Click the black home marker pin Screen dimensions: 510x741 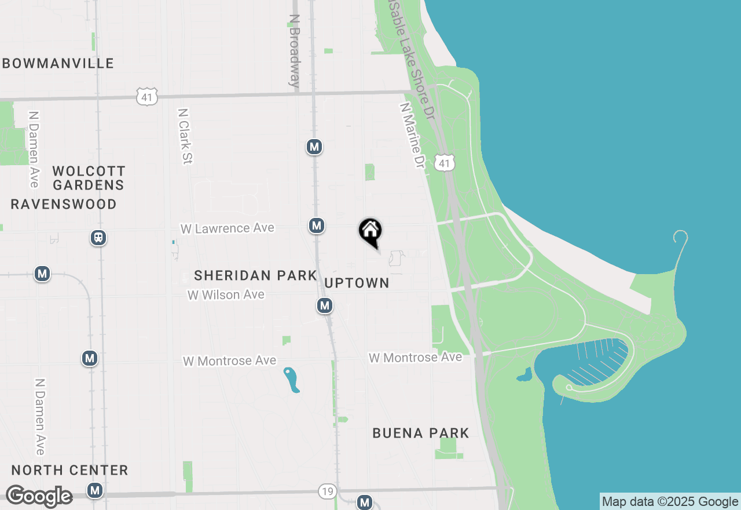pos(370,232)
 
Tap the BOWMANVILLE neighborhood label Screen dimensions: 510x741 pos(58,63)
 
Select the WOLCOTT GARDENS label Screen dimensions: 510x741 pos(89,178)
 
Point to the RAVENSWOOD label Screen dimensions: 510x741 pos(64,204)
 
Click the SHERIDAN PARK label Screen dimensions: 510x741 pos(255,275)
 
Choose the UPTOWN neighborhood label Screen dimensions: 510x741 pos(357,283)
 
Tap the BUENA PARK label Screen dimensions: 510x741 pos(421,433)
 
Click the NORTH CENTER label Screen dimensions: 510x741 pos(69,470)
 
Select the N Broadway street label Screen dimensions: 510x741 pos(295,51)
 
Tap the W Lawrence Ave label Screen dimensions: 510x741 pos(227,228)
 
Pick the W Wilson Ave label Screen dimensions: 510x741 pos(226,295)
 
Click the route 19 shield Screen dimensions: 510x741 pos(327,491)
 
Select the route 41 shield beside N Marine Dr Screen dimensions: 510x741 pos(444,163)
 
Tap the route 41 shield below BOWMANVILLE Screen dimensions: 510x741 pos(147,97)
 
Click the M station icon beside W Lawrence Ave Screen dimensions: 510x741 pos(316,225)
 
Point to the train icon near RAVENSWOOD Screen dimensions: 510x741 pos(98,238)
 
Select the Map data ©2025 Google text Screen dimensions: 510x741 pos(670,501)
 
